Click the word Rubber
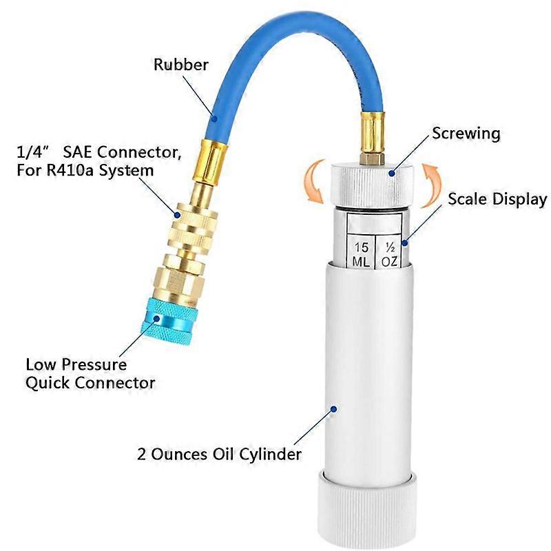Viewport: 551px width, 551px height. (x=181, y=65)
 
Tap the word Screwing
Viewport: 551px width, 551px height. (x=466, y=133)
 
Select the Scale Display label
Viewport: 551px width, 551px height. (x=497, y=200)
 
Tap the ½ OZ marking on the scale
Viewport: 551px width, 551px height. (x=390, y=254)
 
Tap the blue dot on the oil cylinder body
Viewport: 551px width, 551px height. (x=334, y=408)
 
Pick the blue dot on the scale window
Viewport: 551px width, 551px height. (x=406, y=242)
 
